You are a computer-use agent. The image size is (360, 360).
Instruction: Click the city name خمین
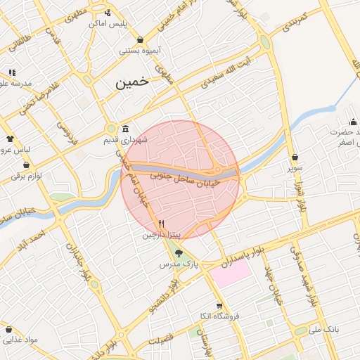click(133, 82)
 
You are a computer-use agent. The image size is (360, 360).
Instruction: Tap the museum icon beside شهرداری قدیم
click(125, 129)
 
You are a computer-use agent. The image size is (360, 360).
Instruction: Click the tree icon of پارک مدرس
click(179, 254)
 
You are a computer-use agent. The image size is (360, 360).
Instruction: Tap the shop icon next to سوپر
click(294, 157)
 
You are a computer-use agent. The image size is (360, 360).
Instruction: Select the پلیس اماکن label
click(107, 23)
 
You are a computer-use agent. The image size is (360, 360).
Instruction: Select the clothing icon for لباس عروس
click(10, 139)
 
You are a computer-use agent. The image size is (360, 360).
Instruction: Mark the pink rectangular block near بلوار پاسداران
click(231, 273)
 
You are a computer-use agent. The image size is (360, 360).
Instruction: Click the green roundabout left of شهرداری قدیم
click(110, 129)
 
